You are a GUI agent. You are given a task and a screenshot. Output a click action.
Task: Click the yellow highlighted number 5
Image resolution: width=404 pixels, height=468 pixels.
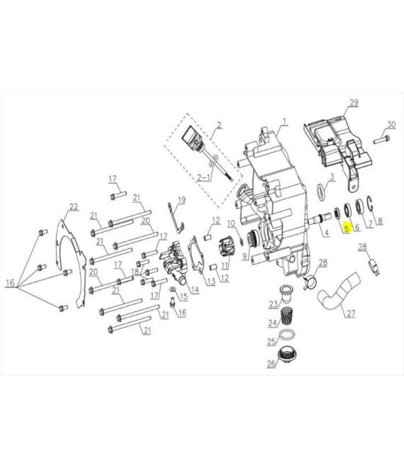(x=346, y=228)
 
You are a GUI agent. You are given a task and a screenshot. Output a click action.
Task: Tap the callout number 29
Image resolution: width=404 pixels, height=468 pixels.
(x=354, y=103)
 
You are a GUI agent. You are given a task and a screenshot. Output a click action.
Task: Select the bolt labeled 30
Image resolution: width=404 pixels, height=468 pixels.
(x=381, y=139)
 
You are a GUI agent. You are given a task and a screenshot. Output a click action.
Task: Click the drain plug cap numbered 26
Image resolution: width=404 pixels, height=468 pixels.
(x=288, y=355)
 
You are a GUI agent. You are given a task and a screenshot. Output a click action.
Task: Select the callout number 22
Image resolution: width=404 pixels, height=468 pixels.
(x=74, y=206)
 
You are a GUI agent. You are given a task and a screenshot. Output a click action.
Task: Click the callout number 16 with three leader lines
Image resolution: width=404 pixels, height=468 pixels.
(x=10, y=283)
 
